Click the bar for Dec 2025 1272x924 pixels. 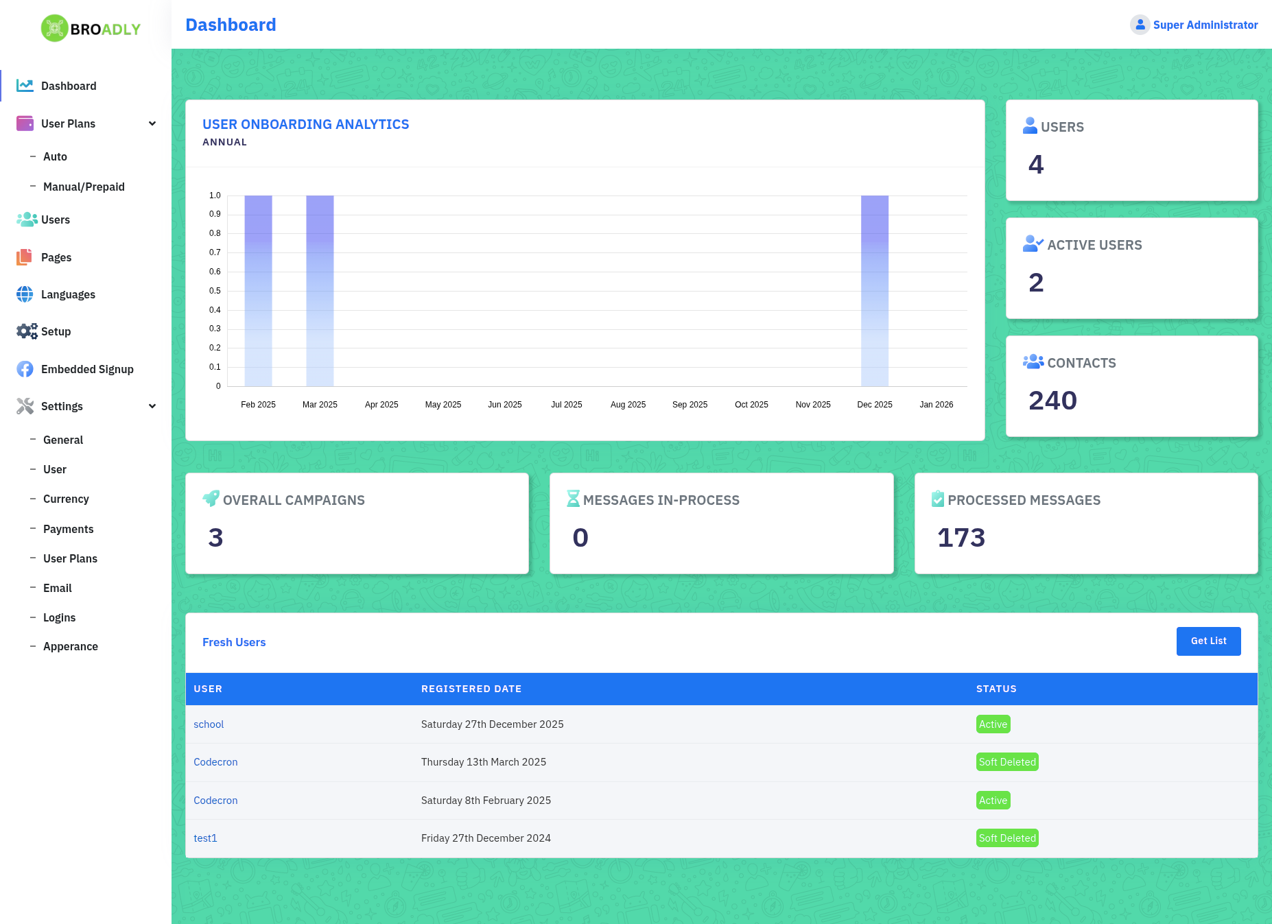(875, 291)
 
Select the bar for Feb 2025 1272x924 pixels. (258, 291)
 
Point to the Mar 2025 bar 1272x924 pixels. (320, 291)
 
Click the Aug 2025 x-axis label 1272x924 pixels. (628, 405)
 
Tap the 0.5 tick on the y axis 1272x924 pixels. (215, 291)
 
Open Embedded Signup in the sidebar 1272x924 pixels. (87, 369)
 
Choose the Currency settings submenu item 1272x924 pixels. (66, 499)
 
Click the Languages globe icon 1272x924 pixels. (25, 294)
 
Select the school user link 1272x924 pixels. (209, 724)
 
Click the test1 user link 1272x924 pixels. (205, 838)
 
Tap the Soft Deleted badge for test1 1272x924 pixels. (1007, 838)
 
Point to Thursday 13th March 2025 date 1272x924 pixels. (484, 762)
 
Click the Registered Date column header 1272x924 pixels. (471, 689)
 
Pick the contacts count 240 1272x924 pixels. (1052, 401)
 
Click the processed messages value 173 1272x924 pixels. (961, 538)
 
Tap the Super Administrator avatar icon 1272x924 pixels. (1140, 25)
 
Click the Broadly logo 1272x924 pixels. (91, 28)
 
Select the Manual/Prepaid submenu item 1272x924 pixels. (84, 187)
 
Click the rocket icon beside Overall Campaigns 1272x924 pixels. (211, 499)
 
